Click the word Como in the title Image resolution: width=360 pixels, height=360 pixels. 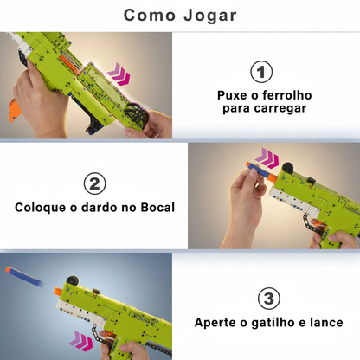[x=151, y=16]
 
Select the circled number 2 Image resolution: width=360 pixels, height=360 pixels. [x=94, y=183]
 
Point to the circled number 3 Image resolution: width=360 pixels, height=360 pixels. [x=269, y=299]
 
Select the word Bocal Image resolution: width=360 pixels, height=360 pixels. [x=155, y=208]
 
